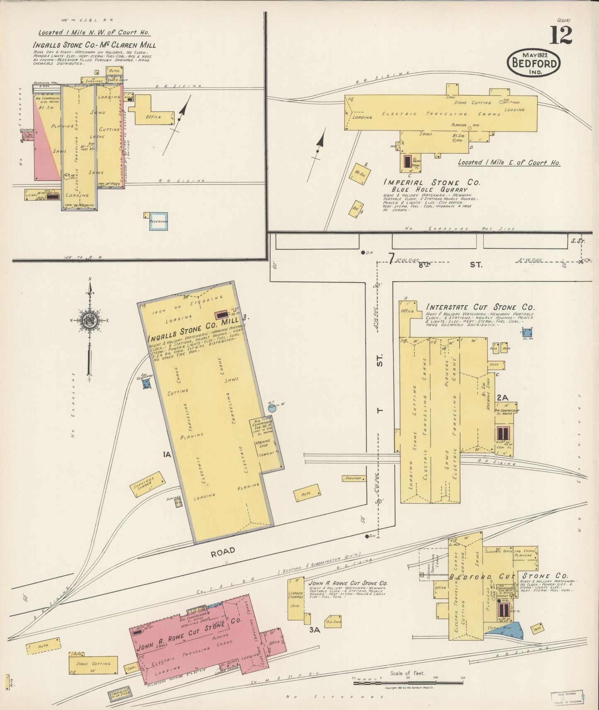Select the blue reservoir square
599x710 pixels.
tap(158, 222)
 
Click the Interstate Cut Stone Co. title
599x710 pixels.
tap(480, 307)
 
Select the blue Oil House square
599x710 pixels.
tap(527, 333)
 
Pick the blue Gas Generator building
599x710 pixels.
tap(146, 383)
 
